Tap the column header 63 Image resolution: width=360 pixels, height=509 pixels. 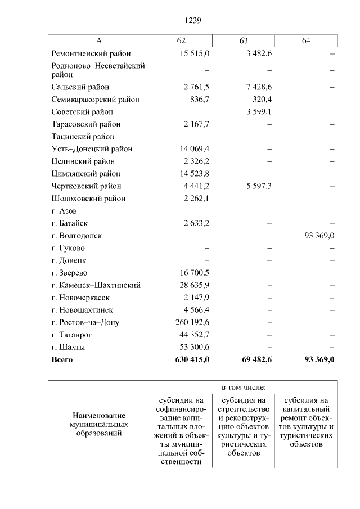[x=244, y=41]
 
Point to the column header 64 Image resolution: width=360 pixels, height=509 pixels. [x=306, y=41]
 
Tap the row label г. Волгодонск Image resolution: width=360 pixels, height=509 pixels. [x=76, y=236]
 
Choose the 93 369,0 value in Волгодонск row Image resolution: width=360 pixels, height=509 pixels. [x=319, y=236]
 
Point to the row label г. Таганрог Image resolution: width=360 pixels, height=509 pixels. [x=72, y=335]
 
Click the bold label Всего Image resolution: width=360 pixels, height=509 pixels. [x=62, y=360]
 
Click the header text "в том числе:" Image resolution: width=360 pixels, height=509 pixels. [x=243, y=388]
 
